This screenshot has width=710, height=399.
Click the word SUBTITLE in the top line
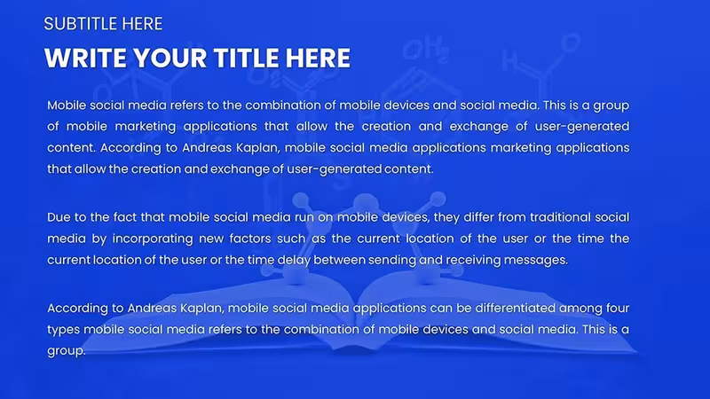point(81,24)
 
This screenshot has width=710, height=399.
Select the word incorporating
point(153,239)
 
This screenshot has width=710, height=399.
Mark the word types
point(63,330)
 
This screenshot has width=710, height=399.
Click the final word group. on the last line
point(66,351)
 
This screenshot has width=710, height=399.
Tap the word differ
point(477,217)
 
